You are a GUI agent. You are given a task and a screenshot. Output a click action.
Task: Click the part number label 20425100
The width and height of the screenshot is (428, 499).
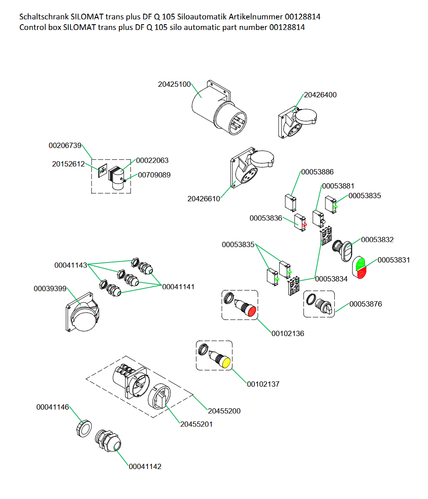click(174, 85)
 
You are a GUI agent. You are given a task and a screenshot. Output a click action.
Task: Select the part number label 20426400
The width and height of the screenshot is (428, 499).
click(320, 95)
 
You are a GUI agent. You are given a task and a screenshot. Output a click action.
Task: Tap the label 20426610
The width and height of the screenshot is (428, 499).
click(203, 199)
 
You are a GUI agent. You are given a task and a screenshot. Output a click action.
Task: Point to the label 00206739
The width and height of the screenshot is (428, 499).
click(65, 145)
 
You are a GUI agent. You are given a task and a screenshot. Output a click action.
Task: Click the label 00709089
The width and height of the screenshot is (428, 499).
click(154, 175)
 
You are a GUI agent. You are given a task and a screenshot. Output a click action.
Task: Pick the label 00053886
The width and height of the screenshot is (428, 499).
click(317, 172)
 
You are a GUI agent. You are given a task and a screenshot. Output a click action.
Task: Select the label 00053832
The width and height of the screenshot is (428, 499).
click(377, 240)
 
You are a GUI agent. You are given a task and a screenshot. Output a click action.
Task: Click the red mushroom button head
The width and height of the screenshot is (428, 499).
click(251, 311)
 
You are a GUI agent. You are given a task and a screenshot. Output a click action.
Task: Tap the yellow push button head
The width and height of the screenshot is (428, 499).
click(226, 363)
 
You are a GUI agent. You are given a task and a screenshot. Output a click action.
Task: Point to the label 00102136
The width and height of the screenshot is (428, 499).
click(288, 333)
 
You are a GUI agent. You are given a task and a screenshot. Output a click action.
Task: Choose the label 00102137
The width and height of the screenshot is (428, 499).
click(263, 384)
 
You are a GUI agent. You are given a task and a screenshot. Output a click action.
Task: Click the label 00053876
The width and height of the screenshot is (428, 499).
click(365, 304)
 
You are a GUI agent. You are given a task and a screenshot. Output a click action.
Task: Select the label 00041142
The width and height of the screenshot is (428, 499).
click(145, 466)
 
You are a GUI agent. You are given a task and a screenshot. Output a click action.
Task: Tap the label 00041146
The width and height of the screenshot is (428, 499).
click(52, 407)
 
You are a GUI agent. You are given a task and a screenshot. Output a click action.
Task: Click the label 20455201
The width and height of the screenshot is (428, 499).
click(196, 424)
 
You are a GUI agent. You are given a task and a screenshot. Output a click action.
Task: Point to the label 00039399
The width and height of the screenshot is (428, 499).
click(50, 288)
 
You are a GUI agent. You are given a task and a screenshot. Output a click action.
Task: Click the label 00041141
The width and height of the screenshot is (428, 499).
click(178, 286)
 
